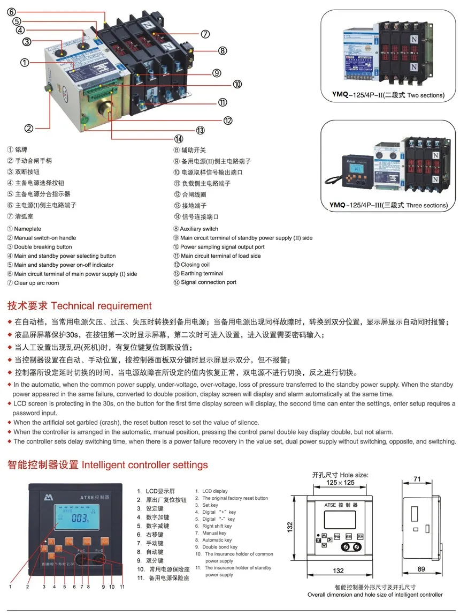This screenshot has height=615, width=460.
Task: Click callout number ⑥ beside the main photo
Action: click(12, 12)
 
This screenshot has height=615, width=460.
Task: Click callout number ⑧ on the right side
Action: click(222, 51)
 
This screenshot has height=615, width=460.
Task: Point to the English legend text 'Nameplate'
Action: click(27, 229)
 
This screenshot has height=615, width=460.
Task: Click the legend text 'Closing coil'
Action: click(195, 265)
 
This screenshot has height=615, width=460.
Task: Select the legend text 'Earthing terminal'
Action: click(202, 273)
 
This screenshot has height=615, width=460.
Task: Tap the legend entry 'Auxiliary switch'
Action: click(199, 229)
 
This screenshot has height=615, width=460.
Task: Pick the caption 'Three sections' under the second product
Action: click(427, 205)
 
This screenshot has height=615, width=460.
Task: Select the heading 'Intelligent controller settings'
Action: click(144, 464)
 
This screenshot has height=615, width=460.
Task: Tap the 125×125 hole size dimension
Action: click(341, 482)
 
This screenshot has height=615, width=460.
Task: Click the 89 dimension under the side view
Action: click(421, 569)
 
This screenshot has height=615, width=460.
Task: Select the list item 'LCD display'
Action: click(214, 491)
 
